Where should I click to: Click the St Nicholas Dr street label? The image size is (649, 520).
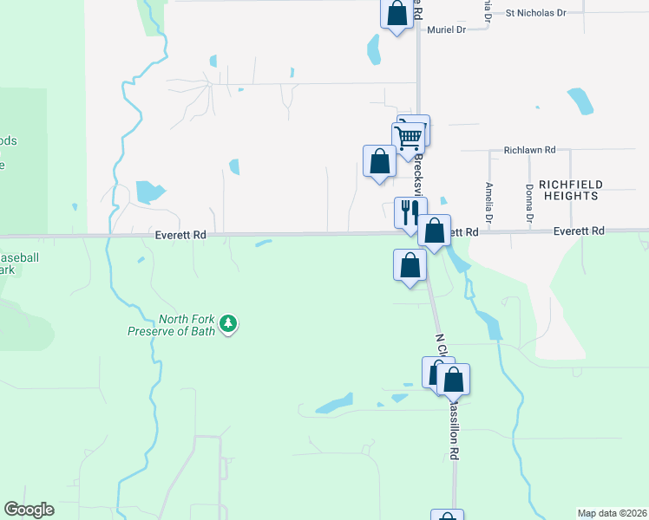click(x=535, y=13)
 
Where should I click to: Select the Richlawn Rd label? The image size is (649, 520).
click(x=528, y=151)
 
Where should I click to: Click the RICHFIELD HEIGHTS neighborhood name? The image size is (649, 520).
click(x=568, y=190)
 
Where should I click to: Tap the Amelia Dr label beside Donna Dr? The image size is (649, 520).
click(x=489, y=205)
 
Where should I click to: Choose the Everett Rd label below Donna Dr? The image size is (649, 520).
click(x=580, y=231)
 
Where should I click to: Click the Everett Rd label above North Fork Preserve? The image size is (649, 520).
click(x=180, y=234)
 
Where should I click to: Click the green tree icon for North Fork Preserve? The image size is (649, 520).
click(x=228, y=324)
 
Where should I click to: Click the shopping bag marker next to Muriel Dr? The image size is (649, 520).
click(x=397, y=14)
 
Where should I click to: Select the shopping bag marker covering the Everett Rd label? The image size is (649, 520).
click(x=435, y=231)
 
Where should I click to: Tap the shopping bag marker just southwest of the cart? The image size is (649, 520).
click(x=379, y=161)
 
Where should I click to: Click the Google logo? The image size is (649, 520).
click(x=29, y=510)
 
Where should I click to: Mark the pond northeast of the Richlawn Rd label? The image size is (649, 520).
click(x=579, y=101)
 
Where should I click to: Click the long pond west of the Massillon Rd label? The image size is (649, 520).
click(x=334, y=405)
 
